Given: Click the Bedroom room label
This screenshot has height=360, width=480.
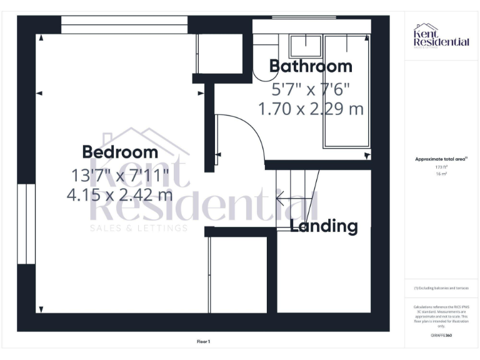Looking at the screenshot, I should click(120, 152).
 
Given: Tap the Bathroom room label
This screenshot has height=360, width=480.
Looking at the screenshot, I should click(311, 66).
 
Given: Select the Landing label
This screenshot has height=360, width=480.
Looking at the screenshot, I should click(324, 226).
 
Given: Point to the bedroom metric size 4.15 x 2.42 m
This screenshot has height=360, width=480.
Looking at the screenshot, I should click(120, 194).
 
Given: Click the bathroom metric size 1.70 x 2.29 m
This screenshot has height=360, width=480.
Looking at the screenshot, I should click(311, 109).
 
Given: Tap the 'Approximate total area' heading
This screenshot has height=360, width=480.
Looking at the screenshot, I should click(441, 159).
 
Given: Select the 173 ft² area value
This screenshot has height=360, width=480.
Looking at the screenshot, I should click(441, 167).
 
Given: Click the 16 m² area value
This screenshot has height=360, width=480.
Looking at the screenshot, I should click(441, 174).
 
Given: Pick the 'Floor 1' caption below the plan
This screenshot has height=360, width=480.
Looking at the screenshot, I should click(204, 341).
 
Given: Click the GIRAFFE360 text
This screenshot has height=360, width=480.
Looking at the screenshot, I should click(441, 336).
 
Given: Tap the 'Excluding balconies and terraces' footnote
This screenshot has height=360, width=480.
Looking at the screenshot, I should click(441, 288).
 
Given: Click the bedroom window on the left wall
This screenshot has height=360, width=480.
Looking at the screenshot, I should click(26, 224).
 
